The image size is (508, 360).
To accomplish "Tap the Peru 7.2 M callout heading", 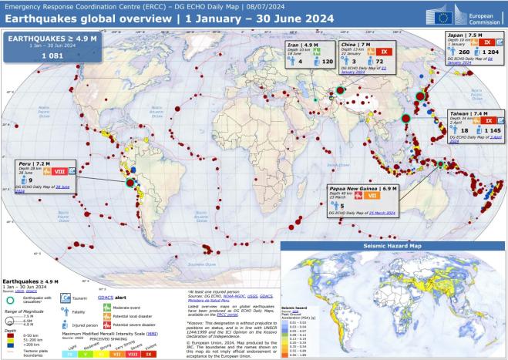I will pos(35,164).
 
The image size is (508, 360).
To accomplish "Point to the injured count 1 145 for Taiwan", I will pos(483,131).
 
